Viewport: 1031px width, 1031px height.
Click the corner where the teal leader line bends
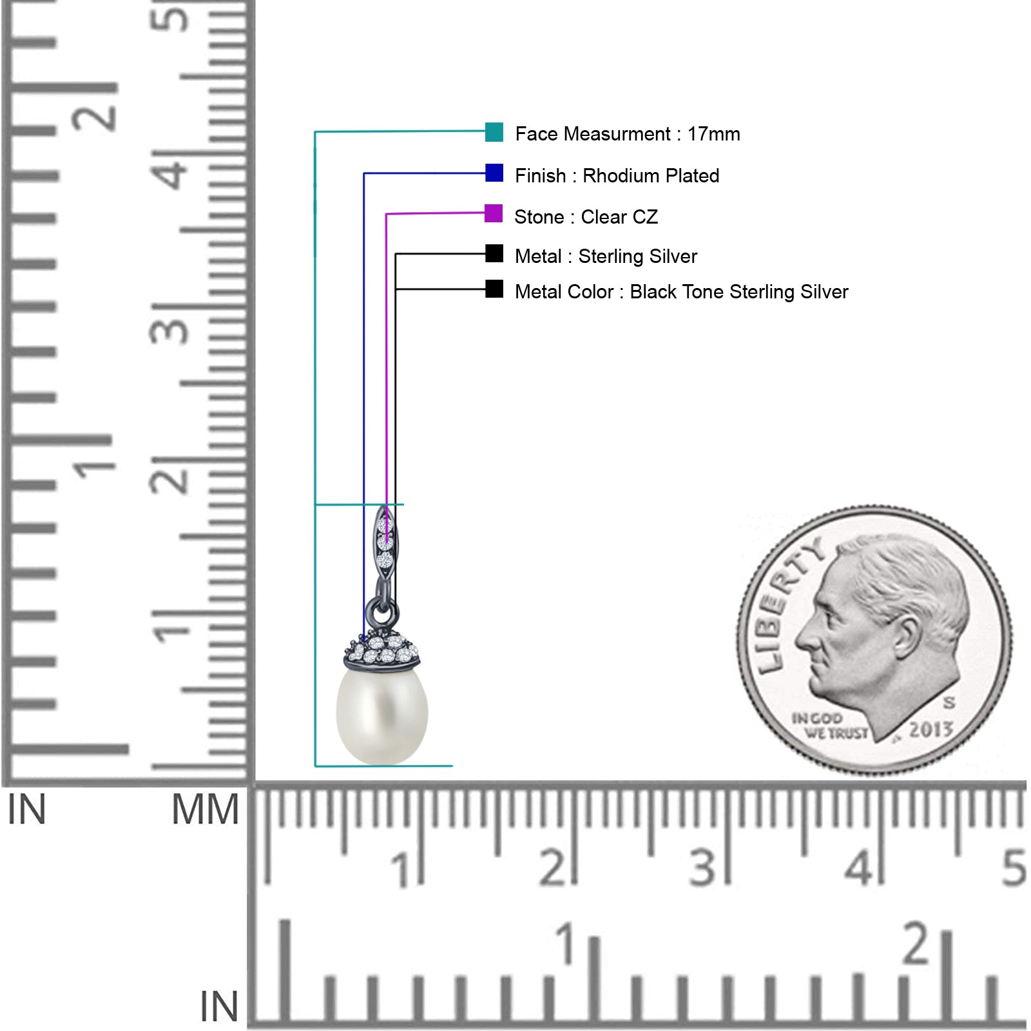click(x=315, y=132)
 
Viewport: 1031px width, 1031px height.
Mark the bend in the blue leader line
click(x=364, y=173)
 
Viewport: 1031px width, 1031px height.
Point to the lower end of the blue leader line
click(x=364, y=641)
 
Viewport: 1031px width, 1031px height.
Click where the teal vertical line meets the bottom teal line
click(x=315, y=766)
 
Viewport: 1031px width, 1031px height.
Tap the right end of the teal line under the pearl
click(x=452, y=766)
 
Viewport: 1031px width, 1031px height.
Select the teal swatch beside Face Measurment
click(x=494, y=132)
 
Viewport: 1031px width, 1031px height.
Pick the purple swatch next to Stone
click(x=494, y=213)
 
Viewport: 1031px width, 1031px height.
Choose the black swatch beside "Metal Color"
click(x=494, y=289)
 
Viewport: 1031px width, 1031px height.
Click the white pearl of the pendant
click(x=382, y=715)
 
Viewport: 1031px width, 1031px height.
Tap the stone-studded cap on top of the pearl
click(x=382, y=651)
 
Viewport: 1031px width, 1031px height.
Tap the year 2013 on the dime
click(x=930, y=729)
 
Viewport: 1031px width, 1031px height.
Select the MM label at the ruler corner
click(x=205, y=810)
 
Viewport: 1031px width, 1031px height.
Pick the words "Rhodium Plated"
click(x=651, y=176)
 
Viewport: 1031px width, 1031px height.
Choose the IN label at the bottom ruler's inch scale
click(x=219, y=1007)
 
